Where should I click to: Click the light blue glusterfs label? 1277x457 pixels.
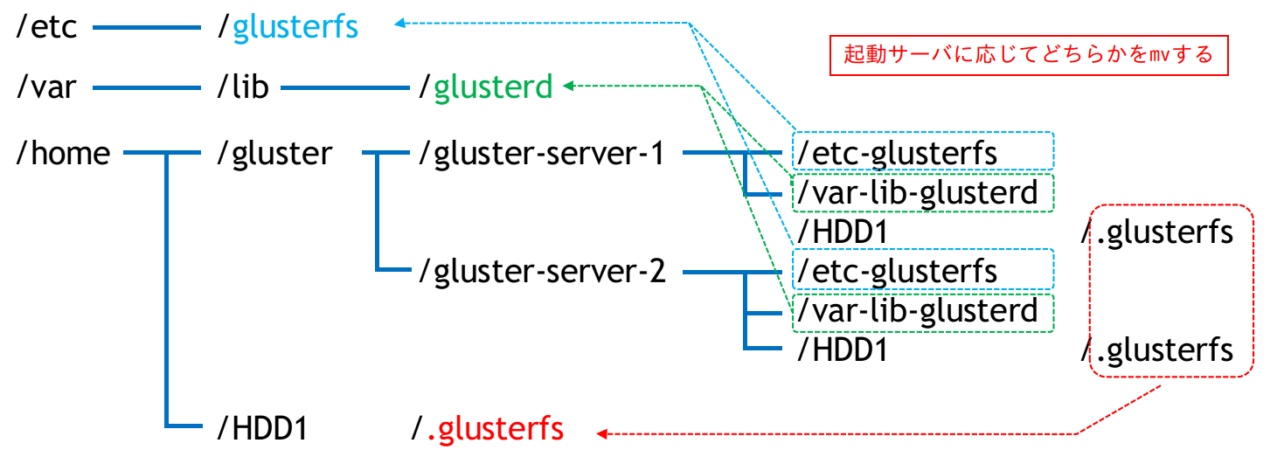click(x=295, y=27)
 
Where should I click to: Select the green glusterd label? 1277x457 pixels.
click(x=493, y=87)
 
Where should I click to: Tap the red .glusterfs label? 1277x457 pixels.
click(x=496, y=431)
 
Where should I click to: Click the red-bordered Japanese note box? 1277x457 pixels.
click(x=1028, y=55)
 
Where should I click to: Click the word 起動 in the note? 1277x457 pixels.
click(x=862, y=55)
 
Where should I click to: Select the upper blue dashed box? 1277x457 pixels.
click(x=923, y=151)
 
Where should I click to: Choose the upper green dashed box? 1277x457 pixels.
click(x=923, y=193)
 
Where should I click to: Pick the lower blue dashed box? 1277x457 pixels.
click(x=923, y=268)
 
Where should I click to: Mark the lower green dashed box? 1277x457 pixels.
click(x=923, y=313)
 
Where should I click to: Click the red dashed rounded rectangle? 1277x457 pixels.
click(x=1171, y=291)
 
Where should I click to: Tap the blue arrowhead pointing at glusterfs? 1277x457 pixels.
click(x=399, y=24)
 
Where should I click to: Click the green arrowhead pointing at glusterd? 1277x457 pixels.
click(x=566, y=86)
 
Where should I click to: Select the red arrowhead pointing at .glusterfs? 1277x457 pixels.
click(x=600, y=433)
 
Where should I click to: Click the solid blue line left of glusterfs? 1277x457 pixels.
click(x=147, y=28)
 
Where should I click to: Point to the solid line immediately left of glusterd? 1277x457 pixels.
click(x=345, y=87)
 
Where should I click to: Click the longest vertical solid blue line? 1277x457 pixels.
click(x=166, y=288)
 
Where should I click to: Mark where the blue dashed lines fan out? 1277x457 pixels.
click(x=690, y=24)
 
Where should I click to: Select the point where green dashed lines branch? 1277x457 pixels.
click(x=702, y=87)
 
